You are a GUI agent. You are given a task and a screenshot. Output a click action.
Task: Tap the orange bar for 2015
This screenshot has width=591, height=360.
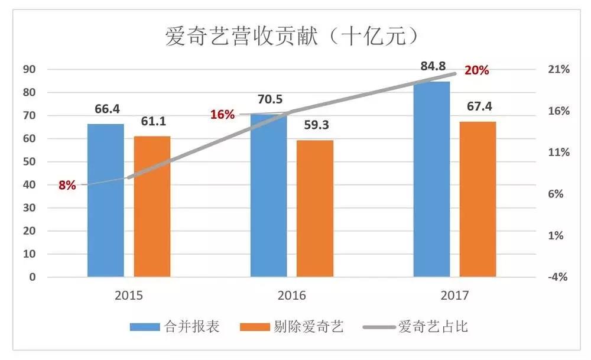pyautogui.click(x=152, y=206)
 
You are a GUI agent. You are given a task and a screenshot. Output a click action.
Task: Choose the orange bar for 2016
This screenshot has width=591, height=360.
pyautogui.click(x=315, y=208)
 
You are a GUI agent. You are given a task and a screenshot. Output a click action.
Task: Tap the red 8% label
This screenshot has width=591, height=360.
pyautogui.click(x=67, y=185)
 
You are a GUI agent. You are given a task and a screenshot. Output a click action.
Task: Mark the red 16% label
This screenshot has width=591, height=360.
pyautogui.click(x=222, y=115)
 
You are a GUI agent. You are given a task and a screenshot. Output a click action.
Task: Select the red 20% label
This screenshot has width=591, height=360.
pyautogui.click(x=476, y=71)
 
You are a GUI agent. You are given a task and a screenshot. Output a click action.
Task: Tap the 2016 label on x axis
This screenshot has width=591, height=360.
pyautogui.click(x=291, y=295)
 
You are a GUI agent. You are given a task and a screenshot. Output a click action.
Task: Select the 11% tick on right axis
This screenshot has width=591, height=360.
pyautogui.click(x=558, y=153)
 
